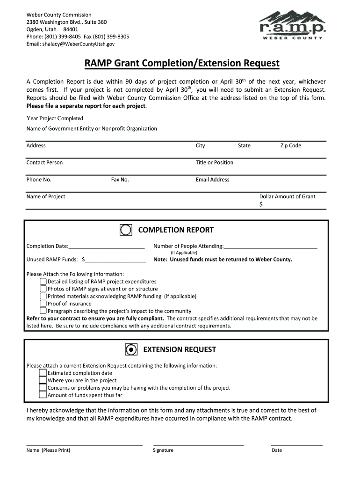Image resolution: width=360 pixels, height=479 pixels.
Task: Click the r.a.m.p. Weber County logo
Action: (x=292, y=26)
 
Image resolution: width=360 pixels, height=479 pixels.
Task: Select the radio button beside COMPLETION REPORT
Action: (x=126, y=230)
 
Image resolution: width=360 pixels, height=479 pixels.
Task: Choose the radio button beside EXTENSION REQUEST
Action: (x=131, y=349)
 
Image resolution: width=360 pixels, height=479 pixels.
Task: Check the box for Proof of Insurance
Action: (x=43, y=304)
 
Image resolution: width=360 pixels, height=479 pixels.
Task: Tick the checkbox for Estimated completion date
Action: (x=43, y=373)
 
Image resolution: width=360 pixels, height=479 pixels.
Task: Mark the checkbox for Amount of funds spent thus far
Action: (x=43, y=395)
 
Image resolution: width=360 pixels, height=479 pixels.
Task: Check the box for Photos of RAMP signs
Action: (x=43, y=289)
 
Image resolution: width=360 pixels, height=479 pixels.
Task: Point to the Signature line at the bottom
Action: (x=198, y=445)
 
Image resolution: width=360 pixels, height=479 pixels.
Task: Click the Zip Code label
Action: (x=290, y=145)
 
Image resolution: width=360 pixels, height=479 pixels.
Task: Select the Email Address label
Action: (x=212, y=180)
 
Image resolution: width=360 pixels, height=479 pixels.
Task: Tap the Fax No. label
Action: (x=120, y=180)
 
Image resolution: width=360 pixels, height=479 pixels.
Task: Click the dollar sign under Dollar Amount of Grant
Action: (x=261, y=204)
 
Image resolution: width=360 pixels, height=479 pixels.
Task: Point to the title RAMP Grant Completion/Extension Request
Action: (x=181, y=63)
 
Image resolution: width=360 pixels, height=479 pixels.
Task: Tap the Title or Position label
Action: (x=214, y=162)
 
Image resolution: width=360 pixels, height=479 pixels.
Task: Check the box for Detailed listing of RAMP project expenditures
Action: (x=43, y=281)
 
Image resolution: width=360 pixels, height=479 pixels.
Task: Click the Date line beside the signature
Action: (x=296, y=445)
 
